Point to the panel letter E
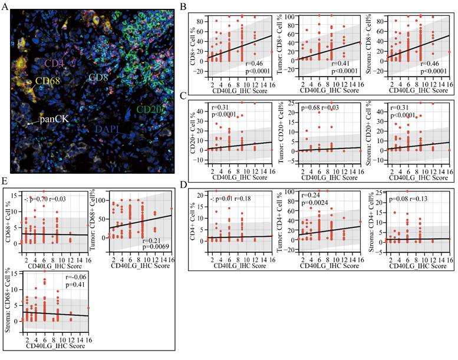pos(5,181)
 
